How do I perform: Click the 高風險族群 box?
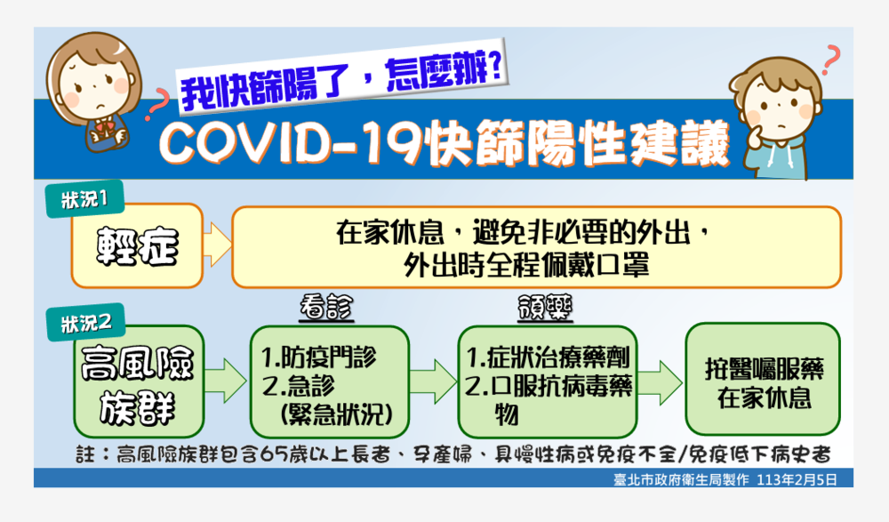(139, 381)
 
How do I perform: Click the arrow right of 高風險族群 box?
(227, 380)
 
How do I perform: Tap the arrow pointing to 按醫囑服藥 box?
(659, 380)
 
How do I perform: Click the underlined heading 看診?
(325, 309)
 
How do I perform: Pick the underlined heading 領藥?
(544, 309)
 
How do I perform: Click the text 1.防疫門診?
(319, 357)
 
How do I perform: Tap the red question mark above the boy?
(830, 58)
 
